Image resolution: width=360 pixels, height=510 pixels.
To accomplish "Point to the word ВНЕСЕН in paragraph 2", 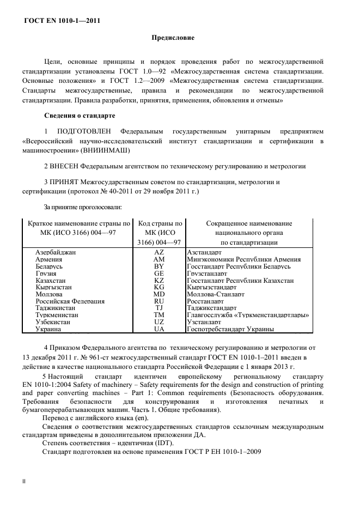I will click(65, 166).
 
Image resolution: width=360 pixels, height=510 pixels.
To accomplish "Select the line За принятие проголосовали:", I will click(82, 207).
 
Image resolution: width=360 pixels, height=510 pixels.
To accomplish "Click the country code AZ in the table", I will click(159, 253).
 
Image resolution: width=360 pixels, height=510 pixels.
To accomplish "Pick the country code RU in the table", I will click(159, 301).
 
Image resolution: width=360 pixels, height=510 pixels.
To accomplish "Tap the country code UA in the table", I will click(159, 329).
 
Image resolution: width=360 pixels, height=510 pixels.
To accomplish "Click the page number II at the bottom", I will click(23, 482).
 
